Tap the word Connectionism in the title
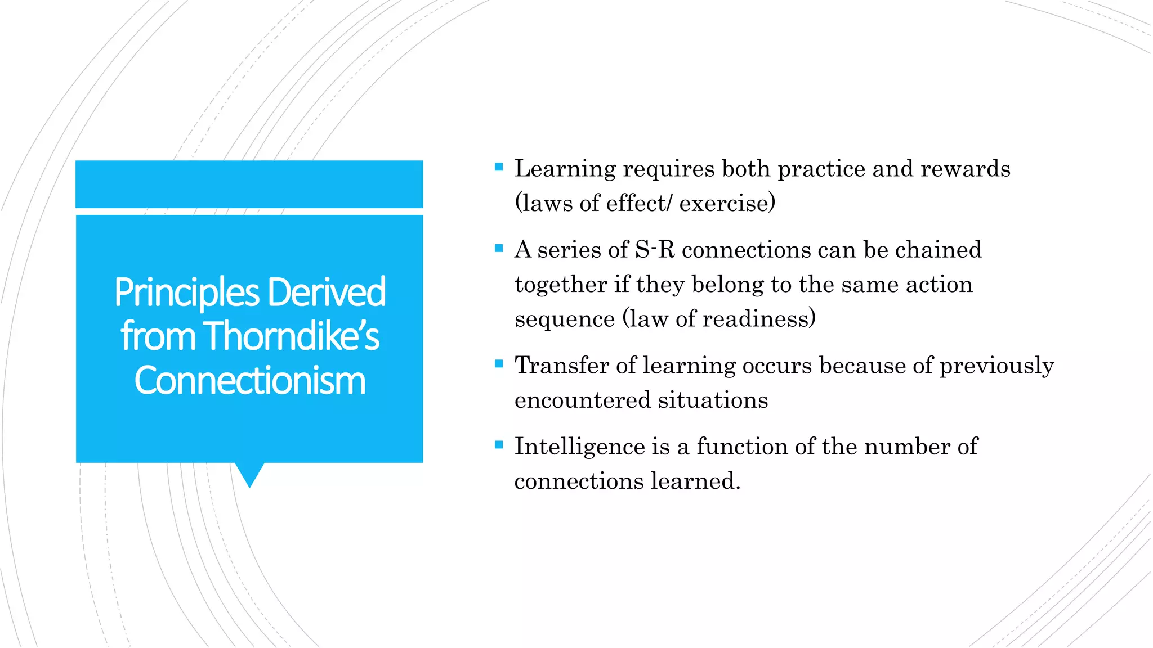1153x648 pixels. [250, 381]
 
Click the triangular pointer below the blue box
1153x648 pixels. [249, 474]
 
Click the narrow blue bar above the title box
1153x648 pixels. [249, 184]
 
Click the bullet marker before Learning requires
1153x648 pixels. [498, 167]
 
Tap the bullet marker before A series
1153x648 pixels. [498, 248]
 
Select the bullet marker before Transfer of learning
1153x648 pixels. [498, 364]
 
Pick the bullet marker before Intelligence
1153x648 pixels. [498, 445]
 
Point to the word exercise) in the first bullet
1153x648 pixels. [727, 203]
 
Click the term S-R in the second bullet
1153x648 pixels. [655, 250]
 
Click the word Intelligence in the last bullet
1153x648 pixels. [580, 447]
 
